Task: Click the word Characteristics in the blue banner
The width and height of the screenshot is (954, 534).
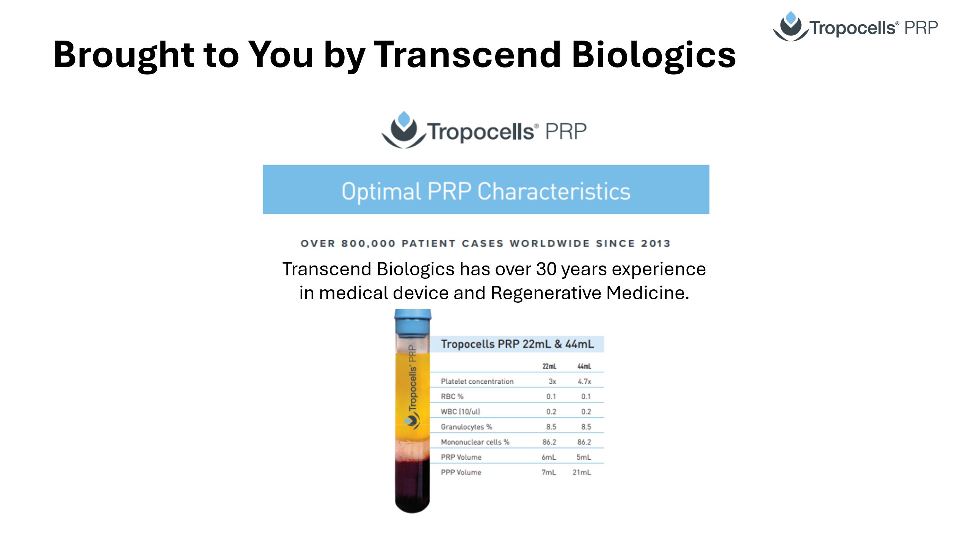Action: [554, 191]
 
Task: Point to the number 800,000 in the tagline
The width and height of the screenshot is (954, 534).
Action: [369, 243]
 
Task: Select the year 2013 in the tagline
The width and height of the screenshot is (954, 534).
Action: [656, 243]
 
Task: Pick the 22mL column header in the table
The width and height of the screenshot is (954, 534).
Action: [549, 366]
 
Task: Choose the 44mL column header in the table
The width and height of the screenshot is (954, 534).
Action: [584, 366]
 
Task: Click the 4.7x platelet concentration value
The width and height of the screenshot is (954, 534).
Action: [584, 382]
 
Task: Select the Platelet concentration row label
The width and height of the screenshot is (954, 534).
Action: [477, 382]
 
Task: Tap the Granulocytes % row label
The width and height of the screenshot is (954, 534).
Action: [466, 427]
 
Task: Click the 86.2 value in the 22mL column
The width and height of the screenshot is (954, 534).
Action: [549, 442]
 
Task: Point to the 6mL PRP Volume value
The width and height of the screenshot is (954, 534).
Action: [549, 457]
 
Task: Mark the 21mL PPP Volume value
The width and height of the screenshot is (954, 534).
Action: [582, 473]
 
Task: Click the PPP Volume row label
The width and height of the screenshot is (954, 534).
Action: [461, 473]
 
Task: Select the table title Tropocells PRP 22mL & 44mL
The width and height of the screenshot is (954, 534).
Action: [517, 344]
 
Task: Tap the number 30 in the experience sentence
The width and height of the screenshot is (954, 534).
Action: [546, 269]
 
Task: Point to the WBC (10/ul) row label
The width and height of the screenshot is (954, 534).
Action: [460, 412]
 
